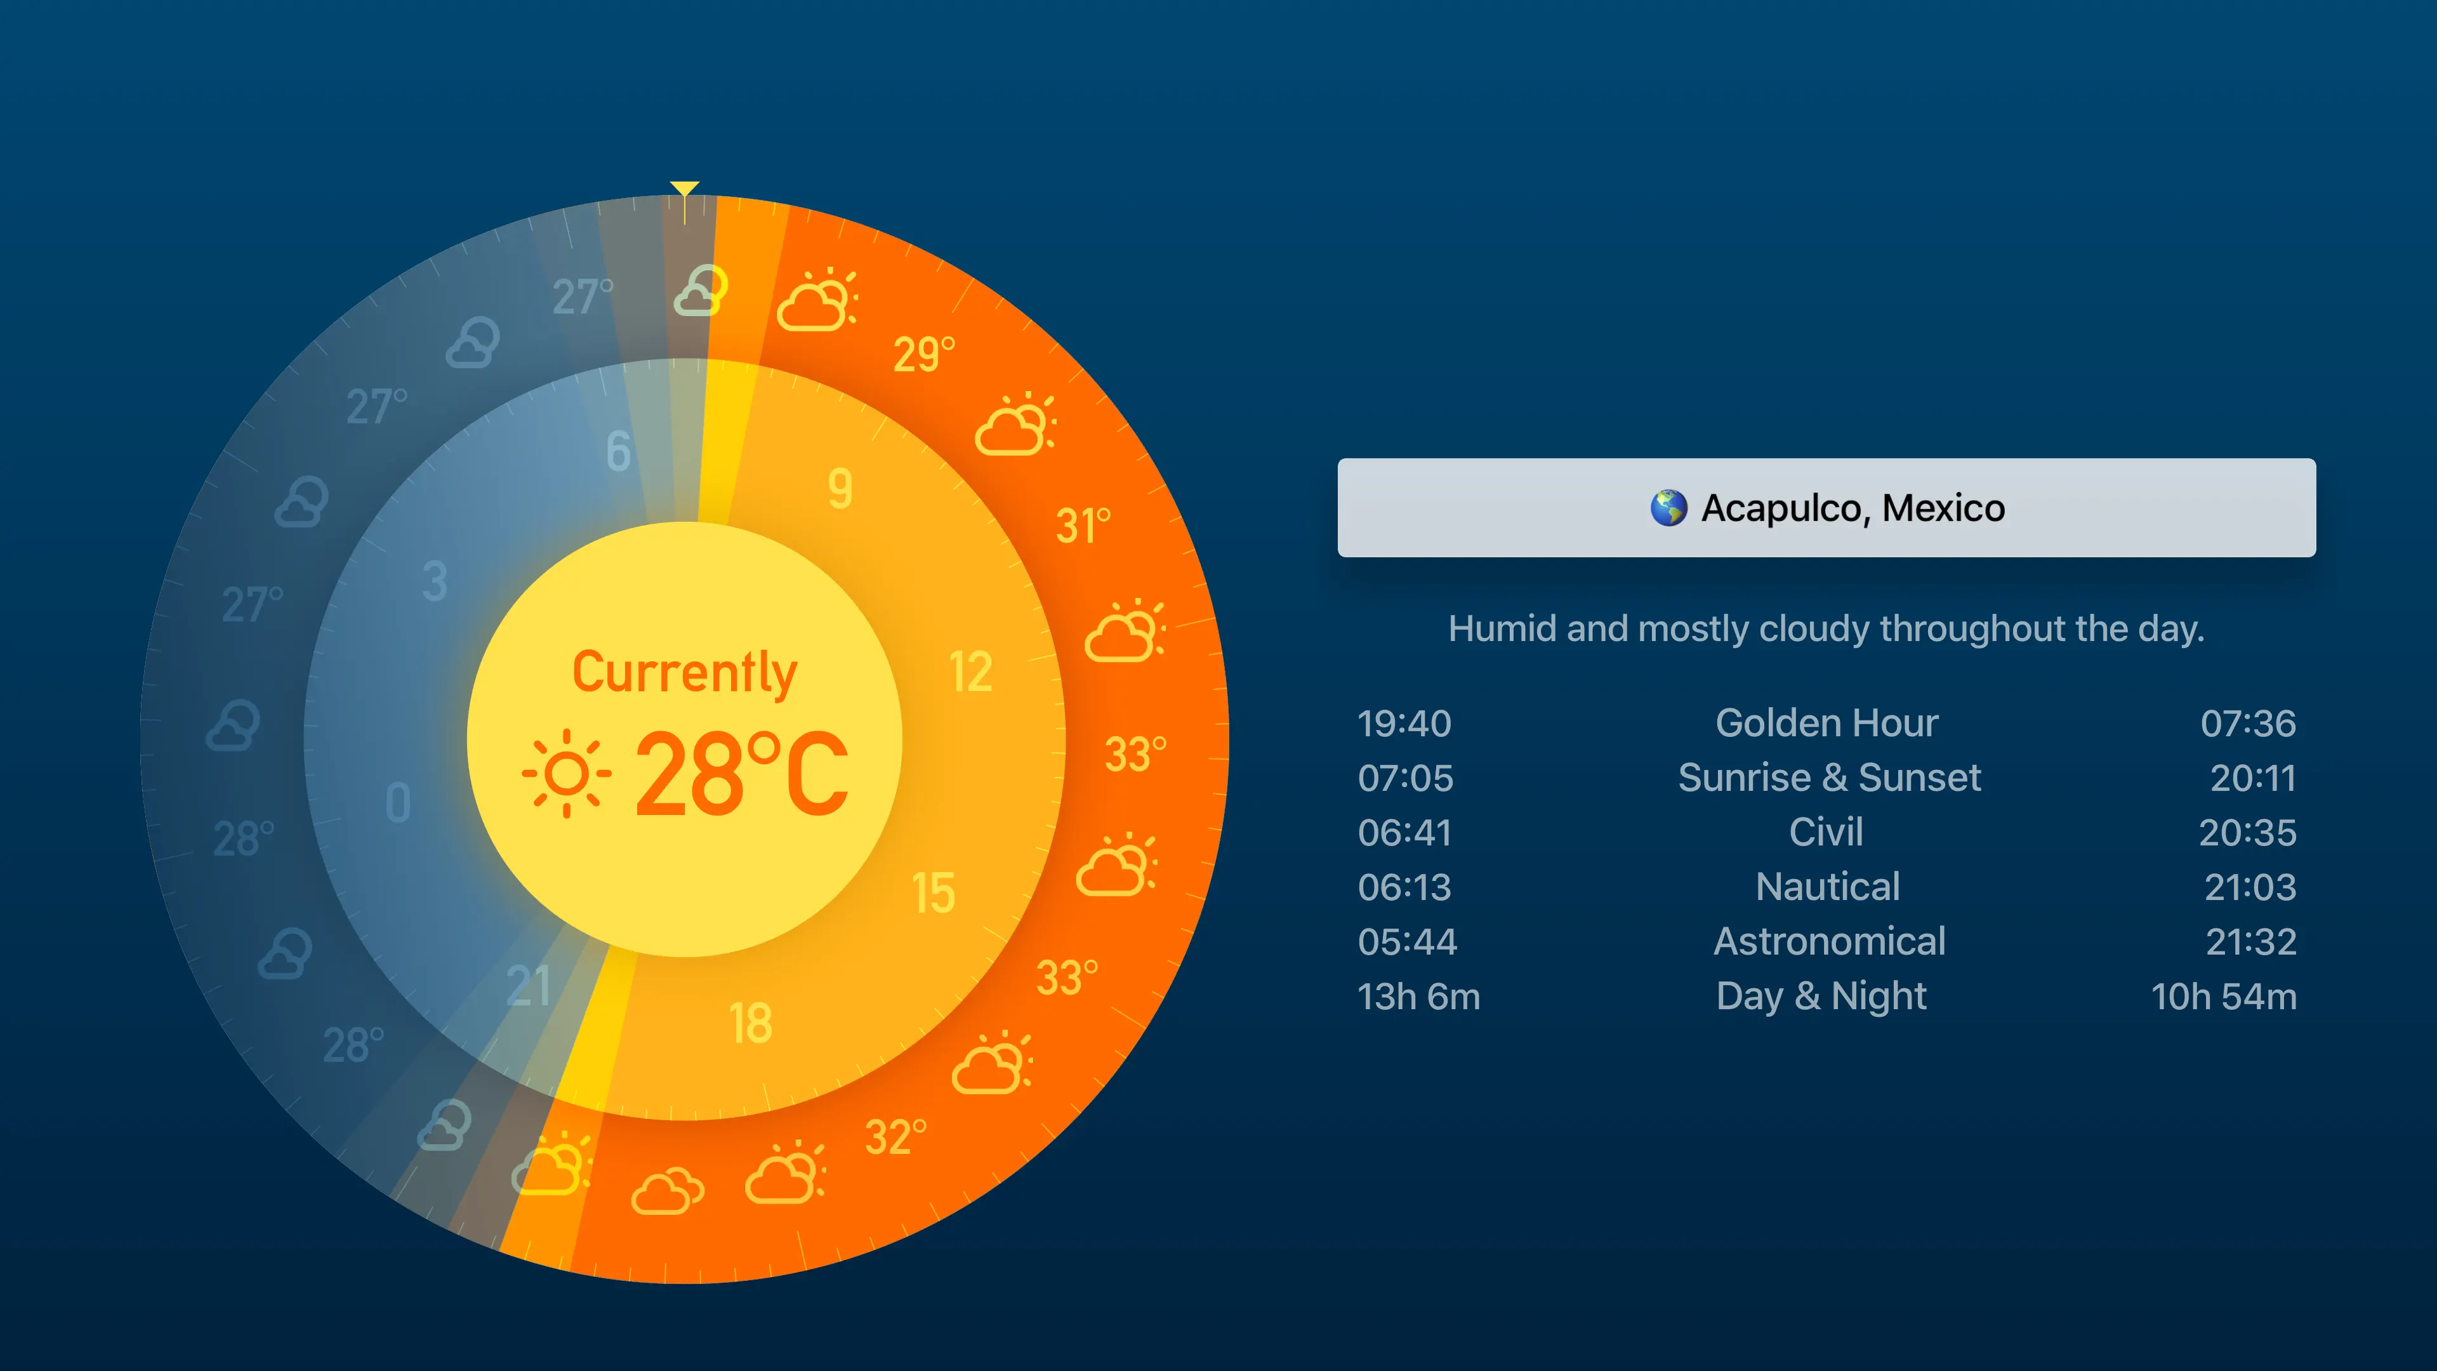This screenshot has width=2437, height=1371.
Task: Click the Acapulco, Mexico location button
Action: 1826,508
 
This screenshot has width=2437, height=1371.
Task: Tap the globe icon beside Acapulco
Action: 1669,508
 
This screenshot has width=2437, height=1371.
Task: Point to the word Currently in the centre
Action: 685,673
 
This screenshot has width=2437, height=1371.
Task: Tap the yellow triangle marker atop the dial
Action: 684,189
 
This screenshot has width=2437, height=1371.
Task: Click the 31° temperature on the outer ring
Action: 1083,526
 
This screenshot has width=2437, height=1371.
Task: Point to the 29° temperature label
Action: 924,354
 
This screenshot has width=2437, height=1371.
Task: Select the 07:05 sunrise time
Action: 1405,778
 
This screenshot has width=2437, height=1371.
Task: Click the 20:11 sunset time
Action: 2252,778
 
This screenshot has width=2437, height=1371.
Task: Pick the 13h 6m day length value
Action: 1418,997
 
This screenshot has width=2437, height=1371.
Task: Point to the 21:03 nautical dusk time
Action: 2250,887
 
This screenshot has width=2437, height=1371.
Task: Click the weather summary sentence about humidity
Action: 1826,629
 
